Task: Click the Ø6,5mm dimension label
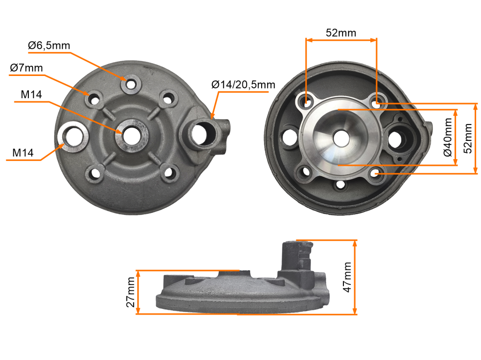(x=49, y=46)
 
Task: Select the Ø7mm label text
(x=26, y=68)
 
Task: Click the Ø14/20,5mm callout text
(x=243, y=85)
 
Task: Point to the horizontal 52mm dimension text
(x=341, y=33)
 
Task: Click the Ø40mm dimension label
(x=447, y=138)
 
